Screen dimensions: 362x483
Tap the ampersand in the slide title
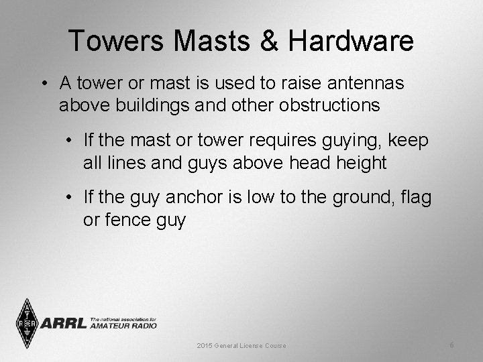[271, 41]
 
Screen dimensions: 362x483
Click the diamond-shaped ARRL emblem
[26, 323]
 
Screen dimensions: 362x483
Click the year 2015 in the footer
[204, 346]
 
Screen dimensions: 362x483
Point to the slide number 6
[452, 345]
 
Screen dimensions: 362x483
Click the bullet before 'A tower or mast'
[42, 84]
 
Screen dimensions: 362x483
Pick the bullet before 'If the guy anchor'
[70, 198]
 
